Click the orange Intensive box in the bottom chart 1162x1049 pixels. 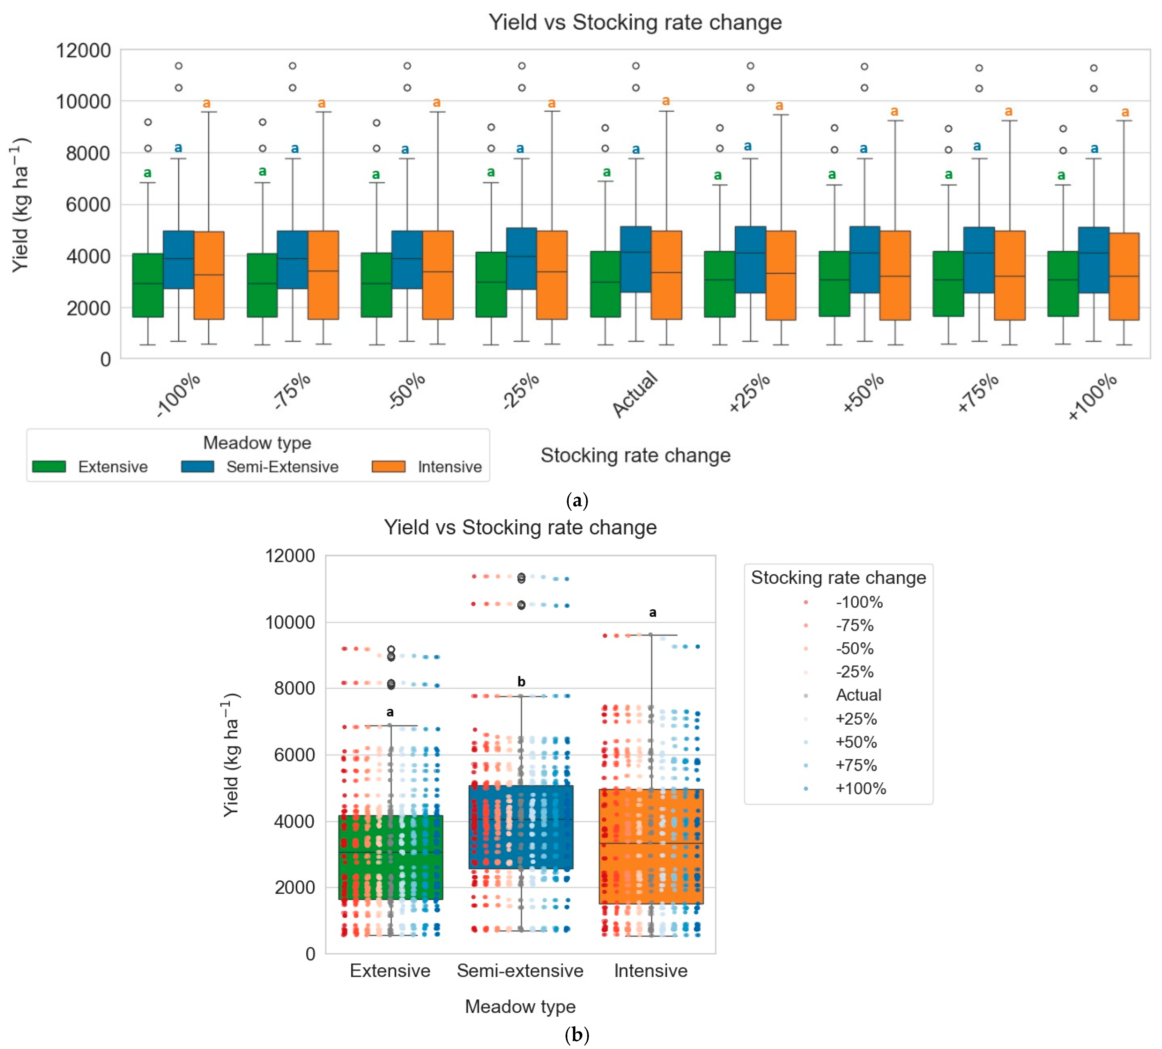(651, 846)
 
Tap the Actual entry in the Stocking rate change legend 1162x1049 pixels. (858, 695)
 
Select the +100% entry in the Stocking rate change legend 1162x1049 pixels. (860, 788)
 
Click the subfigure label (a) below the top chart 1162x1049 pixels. (577, 500)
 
